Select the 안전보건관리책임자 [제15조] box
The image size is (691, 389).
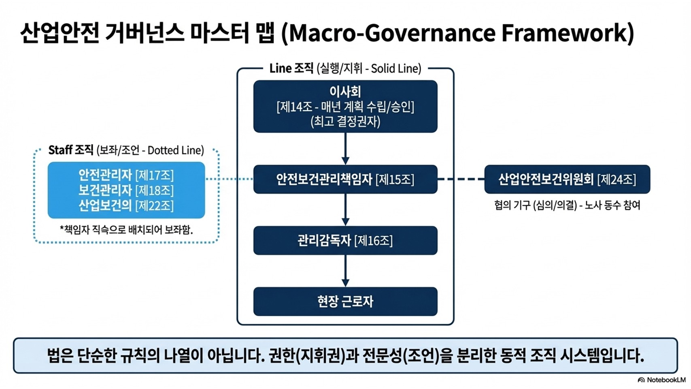pyautogui.click(x=345, y=179)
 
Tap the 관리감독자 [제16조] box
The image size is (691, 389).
pyautogui.click(x=345, y=241)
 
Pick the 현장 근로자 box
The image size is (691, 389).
pyautogui.click(x=345, y=301)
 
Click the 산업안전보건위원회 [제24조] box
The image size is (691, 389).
pyautogui.click(x=567, y=179)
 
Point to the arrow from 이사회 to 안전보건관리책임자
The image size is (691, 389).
pyautogui.click(x=345, y=148)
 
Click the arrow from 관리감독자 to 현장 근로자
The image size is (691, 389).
pyautogui.click(x=345, y=271)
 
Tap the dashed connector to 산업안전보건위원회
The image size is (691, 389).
pyautogui.click(x=461, y=179)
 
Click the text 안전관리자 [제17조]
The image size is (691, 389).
pyautogui.click(x=126, y=175)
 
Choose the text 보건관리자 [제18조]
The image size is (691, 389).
pyautogui.click(x=126, y=190)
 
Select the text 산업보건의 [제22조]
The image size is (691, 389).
pyautogui.click(x=126, y=205)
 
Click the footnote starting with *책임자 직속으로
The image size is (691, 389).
pyautogui.click(x=126, y=230)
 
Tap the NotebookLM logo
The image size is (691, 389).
pyautogui.click(x=661, y=380)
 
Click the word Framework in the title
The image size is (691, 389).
pyautogui.click(x=567, y=33)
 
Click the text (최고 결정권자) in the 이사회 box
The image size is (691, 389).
pyautogui.click(x=345, y=122)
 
